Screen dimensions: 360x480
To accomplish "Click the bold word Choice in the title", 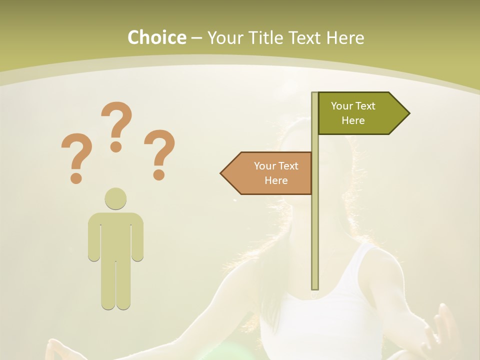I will (x=156, y=37).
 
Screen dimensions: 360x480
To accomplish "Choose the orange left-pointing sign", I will (x=270, y=173).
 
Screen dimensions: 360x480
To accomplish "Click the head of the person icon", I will (x=115, y=198).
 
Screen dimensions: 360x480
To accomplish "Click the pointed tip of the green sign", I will (x=408, y=113).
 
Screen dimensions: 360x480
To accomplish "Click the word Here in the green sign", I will (x=353, y=120).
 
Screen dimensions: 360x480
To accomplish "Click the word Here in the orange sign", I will (x=276, y=180).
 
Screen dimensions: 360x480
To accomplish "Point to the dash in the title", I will (x=196, y=38).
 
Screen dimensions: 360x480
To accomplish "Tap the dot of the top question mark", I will (x=116, y=146).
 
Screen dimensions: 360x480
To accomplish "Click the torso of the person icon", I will (x=115, y=235).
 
